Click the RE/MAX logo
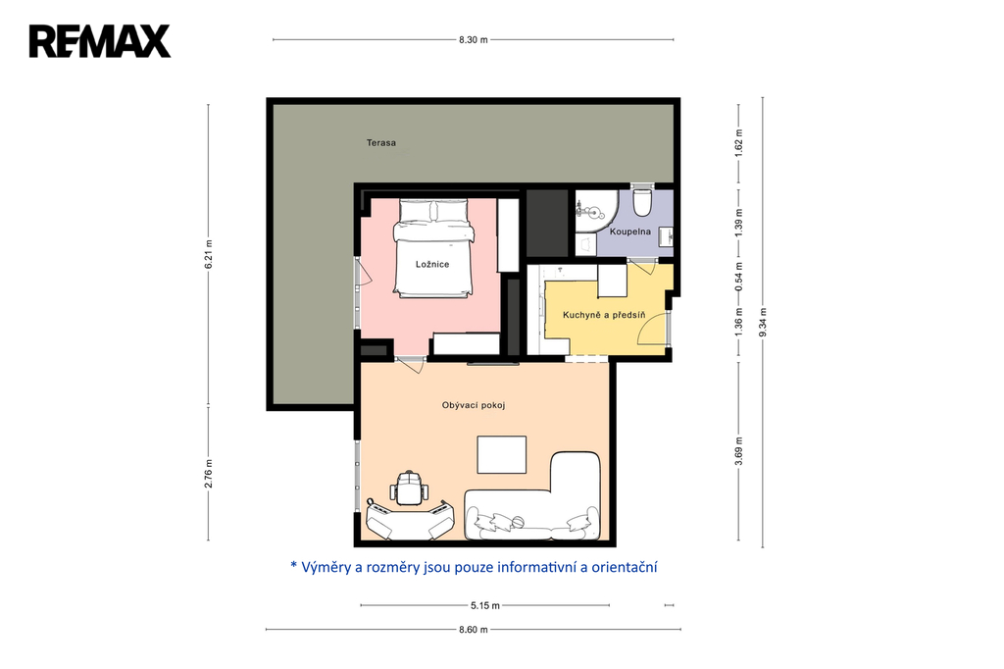pyautogui.click(x=100, y=41)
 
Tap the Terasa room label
pyautogui.click(x=381, y=143)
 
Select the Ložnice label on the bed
pyautogui.click(x=432, y=264)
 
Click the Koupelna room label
pyautogui.click(x=630, y=232)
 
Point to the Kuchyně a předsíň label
pyautogui.click(x=604, y=315)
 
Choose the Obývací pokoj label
pyautogui.click(x=474, y=405)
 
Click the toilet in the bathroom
pyautogui.click(x=641, y=201)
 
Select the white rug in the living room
pyautogui.click(x=502, y=455)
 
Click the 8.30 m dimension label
pyautogui.click(x=474, y=40)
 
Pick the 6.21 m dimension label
pyautogui.click(x=208, y=254)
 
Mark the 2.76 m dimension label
pyautogui.click(x=208, y=474)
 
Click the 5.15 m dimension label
pyautogui.click(x=484, y=605)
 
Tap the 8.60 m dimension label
pyautogui.click(x=474, y=629)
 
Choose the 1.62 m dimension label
pyautogui.click(x=738, y=143)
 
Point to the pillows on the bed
pyautogui.click(x=434, y=210)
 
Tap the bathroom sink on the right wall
pyautogui.click(x=667, y=235)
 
